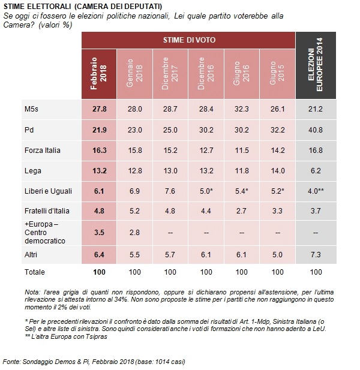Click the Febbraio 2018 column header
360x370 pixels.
click(98, 74)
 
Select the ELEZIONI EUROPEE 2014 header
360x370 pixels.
click(316, 64)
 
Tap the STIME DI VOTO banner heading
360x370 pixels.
click(189, 40)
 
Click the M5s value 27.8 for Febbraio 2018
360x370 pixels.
click(100, 109)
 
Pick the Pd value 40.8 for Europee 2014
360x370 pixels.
click(316, 130)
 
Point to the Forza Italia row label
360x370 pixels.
click(43, 151)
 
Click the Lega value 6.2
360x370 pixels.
click(316, 170)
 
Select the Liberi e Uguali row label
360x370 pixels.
click(48, 191)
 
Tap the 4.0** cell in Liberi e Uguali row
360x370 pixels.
click(316, 191)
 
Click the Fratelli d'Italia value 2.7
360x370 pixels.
click(241, 210)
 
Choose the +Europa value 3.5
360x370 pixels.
click(99, 233)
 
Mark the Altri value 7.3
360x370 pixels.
click(316, 255)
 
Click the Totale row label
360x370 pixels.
click(35, 272)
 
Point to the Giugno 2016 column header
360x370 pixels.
click(241, 73)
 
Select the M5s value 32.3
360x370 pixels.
click(241, 109)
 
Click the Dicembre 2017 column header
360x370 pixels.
click(170, 73)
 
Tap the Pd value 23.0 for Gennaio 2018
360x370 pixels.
click(135, 130)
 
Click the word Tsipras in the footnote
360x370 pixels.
click(97, 336)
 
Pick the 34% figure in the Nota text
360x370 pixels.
click(123, 300)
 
